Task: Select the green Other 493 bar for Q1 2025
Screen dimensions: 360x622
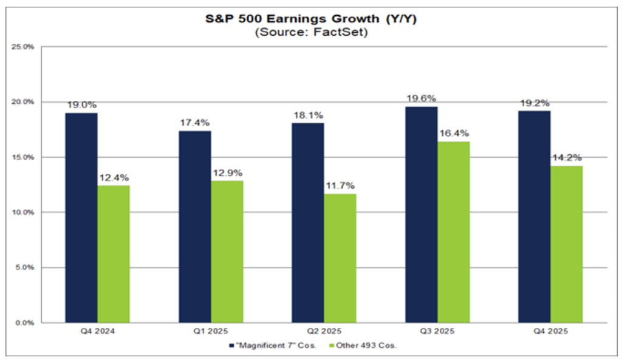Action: pyautogui.click(x=227, y=251)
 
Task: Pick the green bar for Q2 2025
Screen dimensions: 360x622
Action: pyautogui.click(x=340, y=258)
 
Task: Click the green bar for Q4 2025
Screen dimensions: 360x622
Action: pyautogui.click(x=566, y=244)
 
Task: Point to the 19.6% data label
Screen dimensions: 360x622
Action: pyautogui.click(x=421, y=98)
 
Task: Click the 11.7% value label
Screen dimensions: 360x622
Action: pyautogui.click(x=340, y=186)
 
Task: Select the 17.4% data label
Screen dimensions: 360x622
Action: pyautogui.click(x=194, y=123)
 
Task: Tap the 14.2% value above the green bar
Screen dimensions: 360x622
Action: pyautogui.click(x=566, y=158)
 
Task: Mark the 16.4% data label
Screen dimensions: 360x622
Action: pyautogui.click(x=453, y=134)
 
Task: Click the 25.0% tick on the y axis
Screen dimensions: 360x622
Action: pyautogui.click(x=22, y=47)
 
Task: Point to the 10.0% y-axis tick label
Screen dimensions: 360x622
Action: pyautogui.click(x=22, y=212)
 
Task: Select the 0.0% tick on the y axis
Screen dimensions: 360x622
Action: pyautogui.click(x=24, y=322)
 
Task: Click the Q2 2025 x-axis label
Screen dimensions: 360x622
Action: pyautogui.click(x=324, y=333)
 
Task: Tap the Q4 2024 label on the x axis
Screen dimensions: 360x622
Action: pyautogui.click(x=97, y=333)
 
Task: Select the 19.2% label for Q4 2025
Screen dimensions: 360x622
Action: pyautogui.click(x=534, y=103)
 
